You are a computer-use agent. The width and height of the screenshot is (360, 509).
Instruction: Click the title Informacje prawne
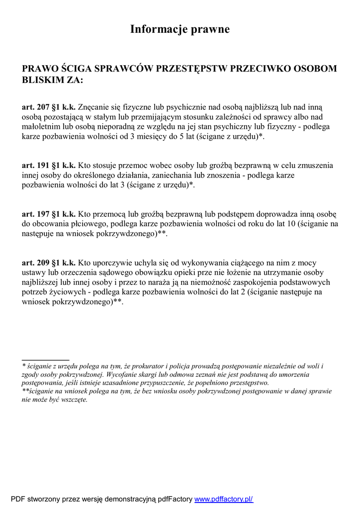coord(180,29)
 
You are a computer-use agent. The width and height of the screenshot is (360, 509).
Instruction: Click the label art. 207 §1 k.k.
coord(49,107)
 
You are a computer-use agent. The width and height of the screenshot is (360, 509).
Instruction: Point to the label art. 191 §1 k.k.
coord(49,166)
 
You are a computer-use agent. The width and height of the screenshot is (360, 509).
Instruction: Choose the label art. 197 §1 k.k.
coord(49,214)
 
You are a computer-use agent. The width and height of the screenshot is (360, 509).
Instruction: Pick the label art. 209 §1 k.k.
coord(49,263)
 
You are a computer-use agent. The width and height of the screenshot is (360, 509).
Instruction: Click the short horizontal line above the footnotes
coord(45,359)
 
